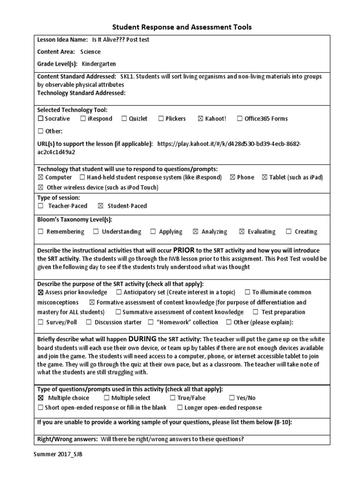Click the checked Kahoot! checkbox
201,119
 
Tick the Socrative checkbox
40,119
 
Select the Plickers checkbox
161,119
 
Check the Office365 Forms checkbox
240,119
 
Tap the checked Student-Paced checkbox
100,206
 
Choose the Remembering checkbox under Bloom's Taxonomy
40,232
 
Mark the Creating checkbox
289,232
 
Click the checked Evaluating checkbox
242,232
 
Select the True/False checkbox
172,398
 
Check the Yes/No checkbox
232,398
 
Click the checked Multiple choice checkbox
40,398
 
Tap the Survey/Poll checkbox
40,322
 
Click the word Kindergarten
99,64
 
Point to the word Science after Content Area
90,52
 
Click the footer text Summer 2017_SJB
54,455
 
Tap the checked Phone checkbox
232,177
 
